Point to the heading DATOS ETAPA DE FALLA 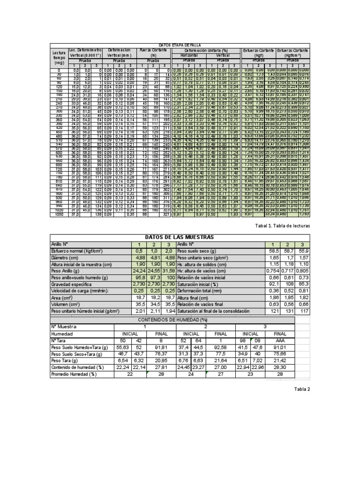coord(180,44)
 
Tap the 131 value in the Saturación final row coord(287,311)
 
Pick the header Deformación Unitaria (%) coord(206,49)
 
